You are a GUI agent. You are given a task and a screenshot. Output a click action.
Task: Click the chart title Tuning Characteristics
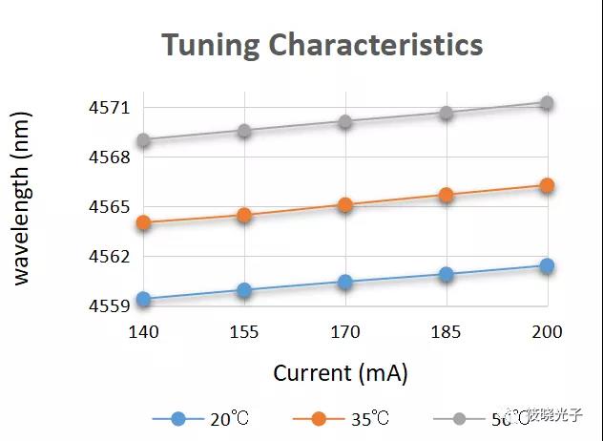point(322,45)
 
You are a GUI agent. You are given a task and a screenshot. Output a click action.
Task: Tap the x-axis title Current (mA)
point(340,372)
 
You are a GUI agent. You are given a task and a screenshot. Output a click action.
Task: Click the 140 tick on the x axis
point(143,332)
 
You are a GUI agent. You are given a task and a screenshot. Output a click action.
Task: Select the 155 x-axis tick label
point(244,332)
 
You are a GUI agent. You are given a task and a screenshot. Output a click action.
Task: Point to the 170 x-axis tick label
point(344,332)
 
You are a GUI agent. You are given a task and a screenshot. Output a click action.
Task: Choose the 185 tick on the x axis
point(446,332)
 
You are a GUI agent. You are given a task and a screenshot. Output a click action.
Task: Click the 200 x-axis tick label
point(547,332)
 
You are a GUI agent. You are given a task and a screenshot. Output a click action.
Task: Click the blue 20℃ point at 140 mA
point(143,299)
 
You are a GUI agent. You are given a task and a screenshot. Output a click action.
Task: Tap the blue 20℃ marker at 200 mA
point(547,265)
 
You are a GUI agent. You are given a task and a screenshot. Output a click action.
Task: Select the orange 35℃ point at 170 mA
point(344,204)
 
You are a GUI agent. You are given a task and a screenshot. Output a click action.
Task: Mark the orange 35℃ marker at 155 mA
point(244,215)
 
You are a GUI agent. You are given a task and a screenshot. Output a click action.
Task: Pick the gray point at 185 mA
point(446,113)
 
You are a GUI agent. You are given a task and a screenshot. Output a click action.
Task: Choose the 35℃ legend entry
point(340,419)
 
